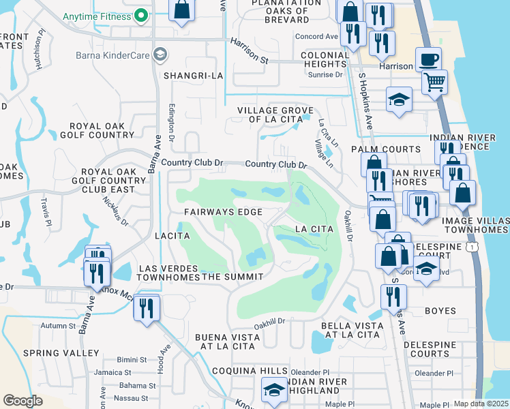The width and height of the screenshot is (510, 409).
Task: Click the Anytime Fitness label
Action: coord(95,15)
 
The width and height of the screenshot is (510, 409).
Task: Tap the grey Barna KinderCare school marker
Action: coord(160,53)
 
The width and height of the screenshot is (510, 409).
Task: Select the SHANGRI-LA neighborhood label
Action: coord(193,76)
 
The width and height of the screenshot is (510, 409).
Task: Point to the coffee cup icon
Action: coord(428,59)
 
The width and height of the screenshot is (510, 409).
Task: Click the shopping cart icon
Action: coord(434,82)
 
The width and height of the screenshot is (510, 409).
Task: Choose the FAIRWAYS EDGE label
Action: coord(223,213)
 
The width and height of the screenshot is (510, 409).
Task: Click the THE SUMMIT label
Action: coord(232,276)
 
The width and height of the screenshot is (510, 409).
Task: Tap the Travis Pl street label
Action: coord(46,211)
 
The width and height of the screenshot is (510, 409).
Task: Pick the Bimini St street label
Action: coord(131,359)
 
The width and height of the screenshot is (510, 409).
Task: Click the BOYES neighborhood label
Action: coord(440,311)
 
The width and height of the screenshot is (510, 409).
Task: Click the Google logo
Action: coord(22,401)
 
